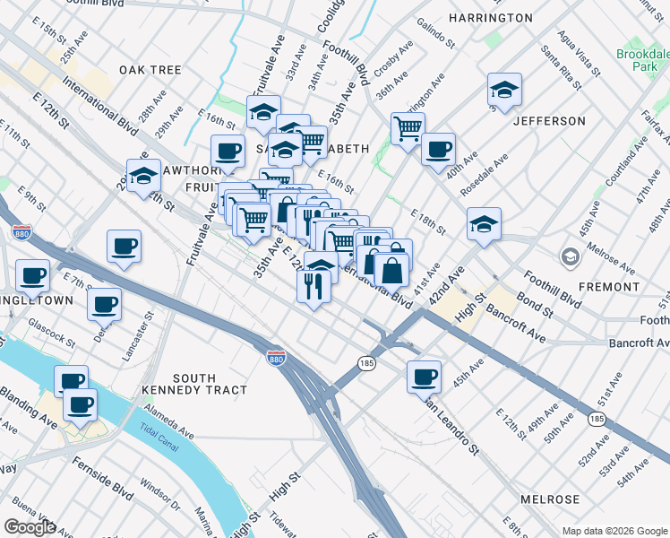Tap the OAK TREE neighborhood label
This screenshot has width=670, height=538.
point(150,69)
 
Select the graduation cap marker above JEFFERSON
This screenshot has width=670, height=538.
point(504,90)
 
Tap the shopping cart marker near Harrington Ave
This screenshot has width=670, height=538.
point(408,128)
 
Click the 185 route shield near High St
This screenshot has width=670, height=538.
point(365,363)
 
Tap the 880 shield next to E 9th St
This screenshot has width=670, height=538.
point(22,233)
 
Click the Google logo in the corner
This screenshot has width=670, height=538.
point(30,527)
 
